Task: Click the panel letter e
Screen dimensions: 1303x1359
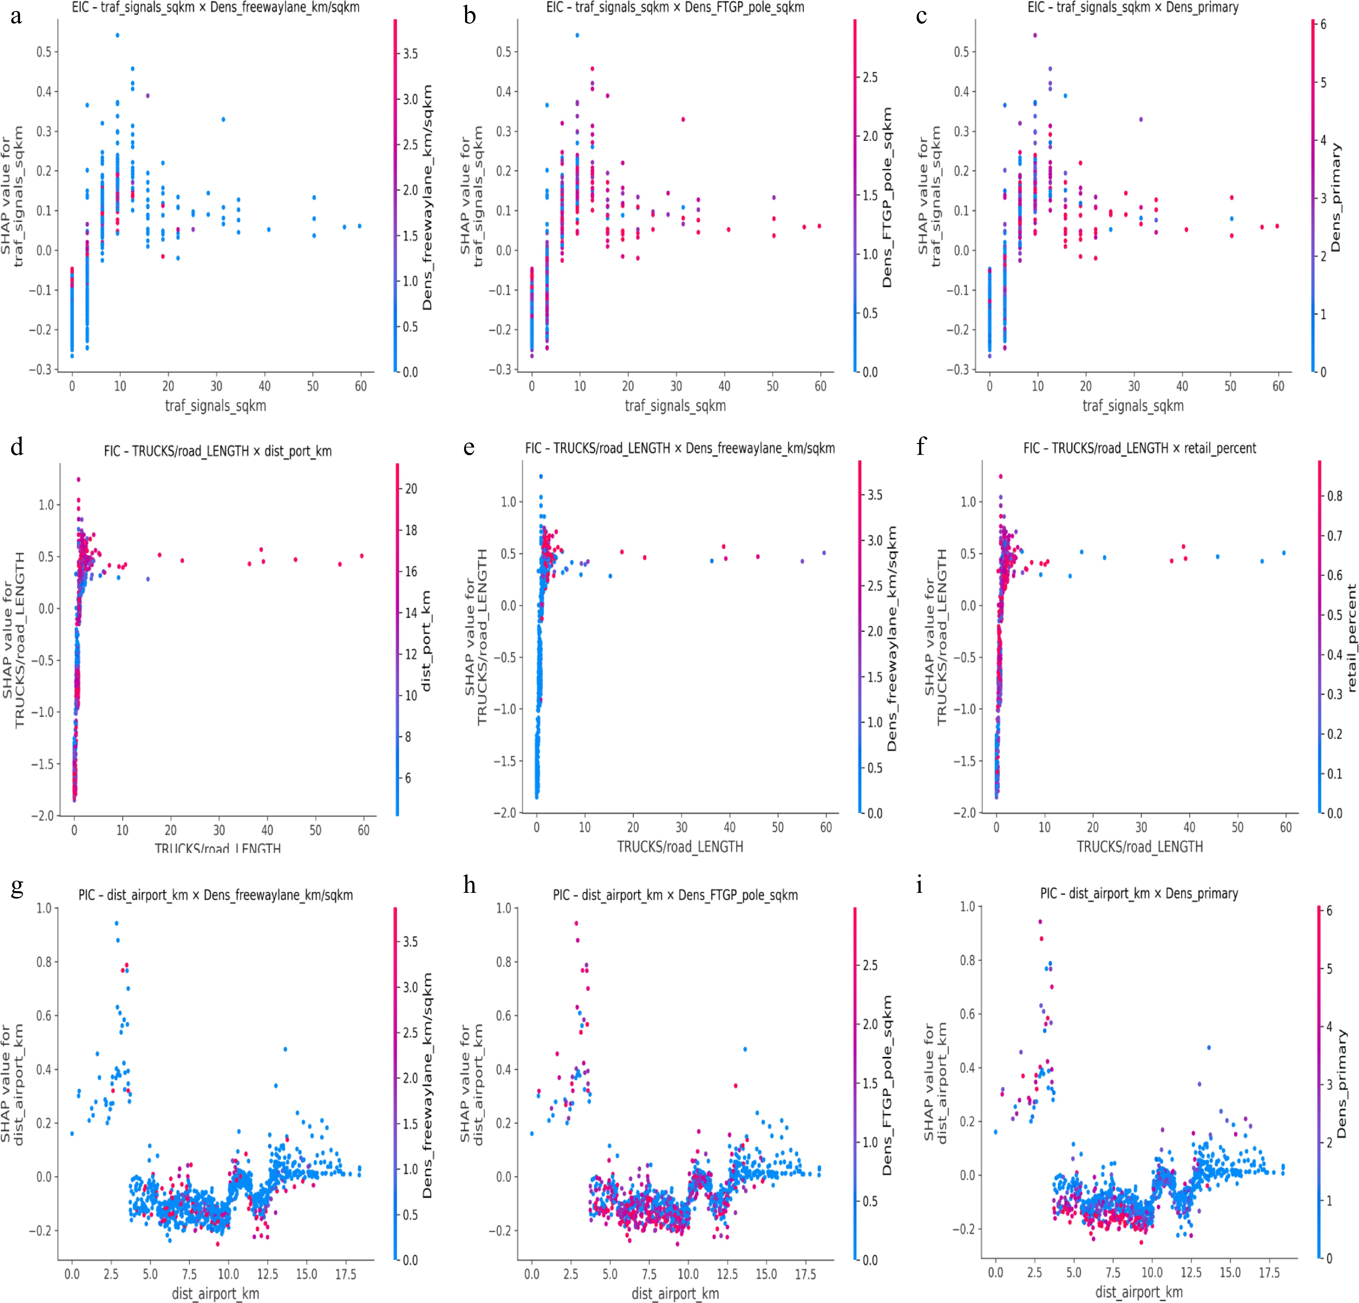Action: [x=470, y=448]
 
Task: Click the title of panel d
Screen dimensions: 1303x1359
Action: [x=218, y=451]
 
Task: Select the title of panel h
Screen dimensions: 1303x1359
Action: [x=675, y=895]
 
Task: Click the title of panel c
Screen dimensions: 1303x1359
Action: [x=1133, y=8]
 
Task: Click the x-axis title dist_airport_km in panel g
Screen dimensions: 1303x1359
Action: [x=216, y=1293]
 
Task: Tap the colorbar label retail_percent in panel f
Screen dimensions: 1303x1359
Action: [x=1351, y=638]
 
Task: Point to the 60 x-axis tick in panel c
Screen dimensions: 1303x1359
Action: [x=1278, y=386]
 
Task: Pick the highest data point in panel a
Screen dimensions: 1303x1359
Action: [x=117, y=34]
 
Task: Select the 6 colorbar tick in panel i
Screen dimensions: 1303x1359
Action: [x=1329, y=911]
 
